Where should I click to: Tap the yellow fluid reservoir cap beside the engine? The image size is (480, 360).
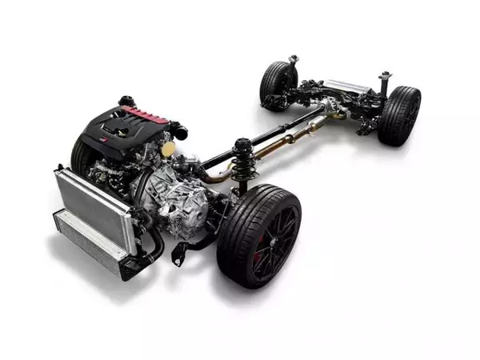167,150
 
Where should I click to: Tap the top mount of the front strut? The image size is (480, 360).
242,145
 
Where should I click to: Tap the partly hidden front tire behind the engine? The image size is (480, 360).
81,156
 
